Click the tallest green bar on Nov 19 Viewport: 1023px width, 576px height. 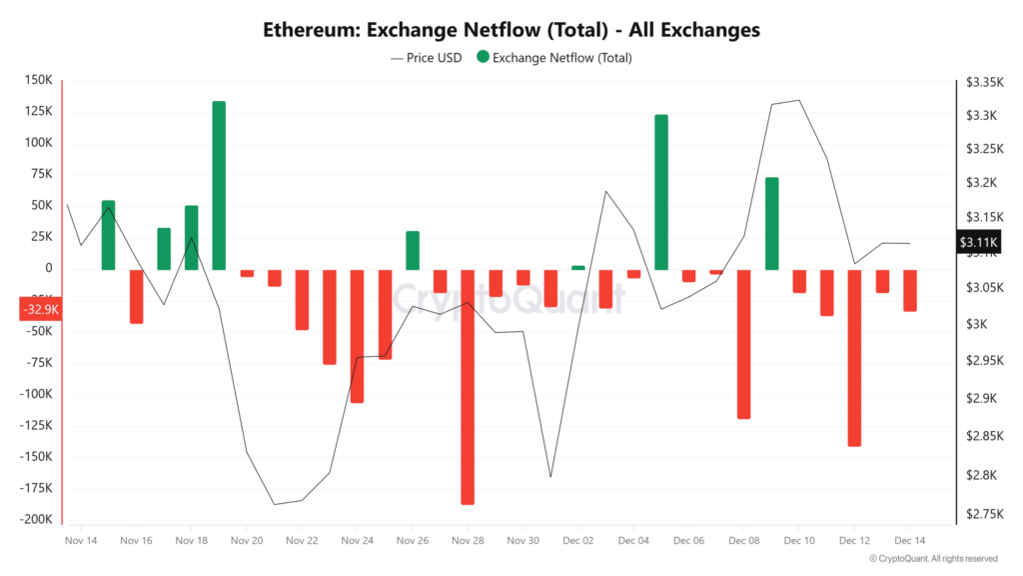pos(219,185)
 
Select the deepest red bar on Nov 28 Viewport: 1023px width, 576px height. pos(468,386)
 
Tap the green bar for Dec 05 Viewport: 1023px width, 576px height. pos(661,192)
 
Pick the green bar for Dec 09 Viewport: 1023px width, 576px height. pos(771,223)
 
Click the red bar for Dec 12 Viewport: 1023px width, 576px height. pos(854,357)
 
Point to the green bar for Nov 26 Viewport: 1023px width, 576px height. pos(413,250)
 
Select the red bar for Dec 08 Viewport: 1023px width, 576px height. pos(743,343)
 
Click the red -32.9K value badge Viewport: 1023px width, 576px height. pos(41,310)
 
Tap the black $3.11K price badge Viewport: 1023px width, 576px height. pos(978,242)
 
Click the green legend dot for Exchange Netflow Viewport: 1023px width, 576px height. pos(484,58)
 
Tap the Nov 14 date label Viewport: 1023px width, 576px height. pos(80,540)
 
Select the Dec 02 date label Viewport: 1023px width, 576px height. pos(578,540)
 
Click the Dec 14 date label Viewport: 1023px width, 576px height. pos(909,540)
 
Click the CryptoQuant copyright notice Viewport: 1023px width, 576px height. pos(933,559)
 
